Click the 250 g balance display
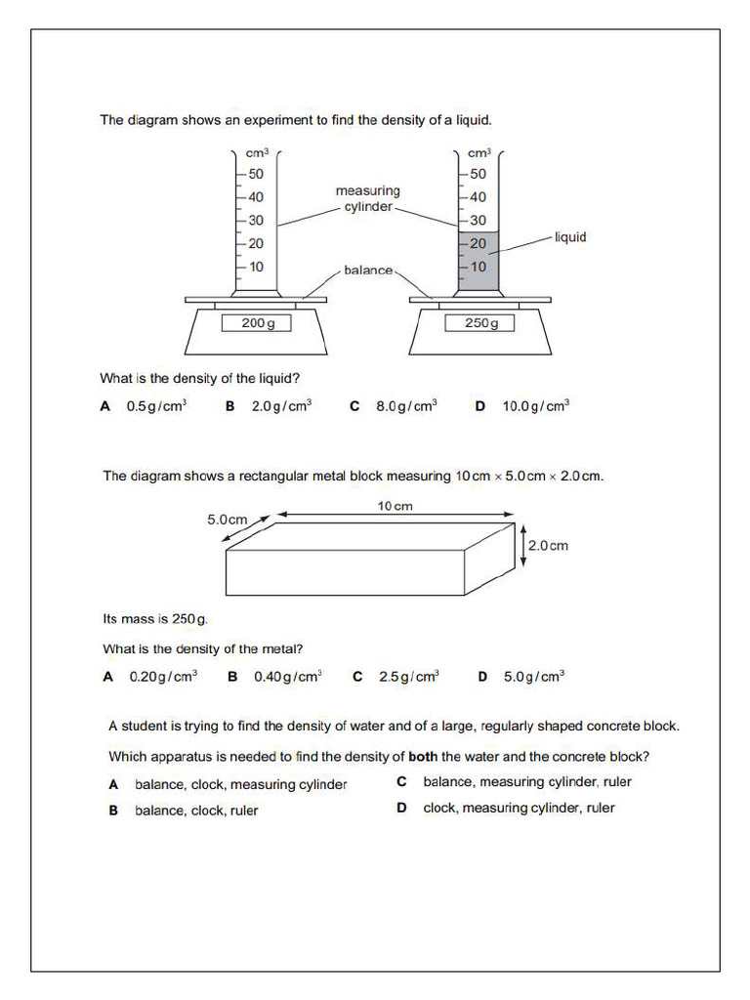[x=479, y=323]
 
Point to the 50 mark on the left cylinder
[x=255, y=174]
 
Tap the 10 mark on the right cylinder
[x=478, y=267]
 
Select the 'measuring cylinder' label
[x=367, y=199]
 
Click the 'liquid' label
[x=570, y=237]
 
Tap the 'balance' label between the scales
[x=368, y=270]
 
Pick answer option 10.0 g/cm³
[x=535, y=406]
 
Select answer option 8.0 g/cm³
[x=406, y=406]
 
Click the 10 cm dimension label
[x=395, y=506]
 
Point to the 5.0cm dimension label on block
[x=227, y=521]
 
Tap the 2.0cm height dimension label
[x=548, y=546]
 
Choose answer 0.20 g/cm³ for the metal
[x=163, y=676]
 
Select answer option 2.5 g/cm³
[x=409, y=676]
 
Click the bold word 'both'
[x=423, y=756]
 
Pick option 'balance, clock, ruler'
[x=196, y=810]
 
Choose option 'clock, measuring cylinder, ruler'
[x=519, y=808]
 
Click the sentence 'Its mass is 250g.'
[x=155, y=619]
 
